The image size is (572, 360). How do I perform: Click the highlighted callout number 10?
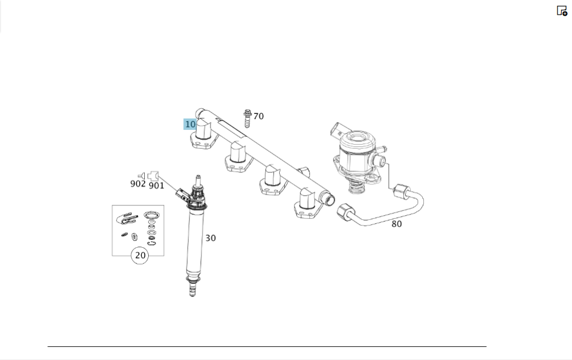(x=190, y=124)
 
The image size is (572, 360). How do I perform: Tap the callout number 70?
(x=259, y=116)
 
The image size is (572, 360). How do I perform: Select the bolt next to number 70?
(x=247, y=118)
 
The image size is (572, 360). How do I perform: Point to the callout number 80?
(x=396, y=224)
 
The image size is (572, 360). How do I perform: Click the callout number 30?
(x=210, y=238)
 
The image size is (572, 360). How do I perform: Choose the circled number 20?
(x=141, y=255)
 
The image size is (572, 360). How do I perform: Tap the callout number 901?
(x=157, y=185)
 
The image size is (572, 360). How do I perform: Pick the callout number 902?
(x=138, y=184)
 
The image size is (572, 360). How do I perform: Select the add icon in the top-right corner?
(x=562, y=10)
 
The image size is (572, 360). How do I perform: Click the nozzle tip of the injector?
(x=192, y=290)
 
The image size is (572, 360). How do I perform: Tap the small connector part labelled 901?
(x=153, y=176)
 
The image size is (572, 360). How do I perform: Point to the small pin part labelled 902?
(x=141, y=176)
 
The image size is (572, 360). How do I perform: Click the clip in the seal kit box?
(x=127, y=218)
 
